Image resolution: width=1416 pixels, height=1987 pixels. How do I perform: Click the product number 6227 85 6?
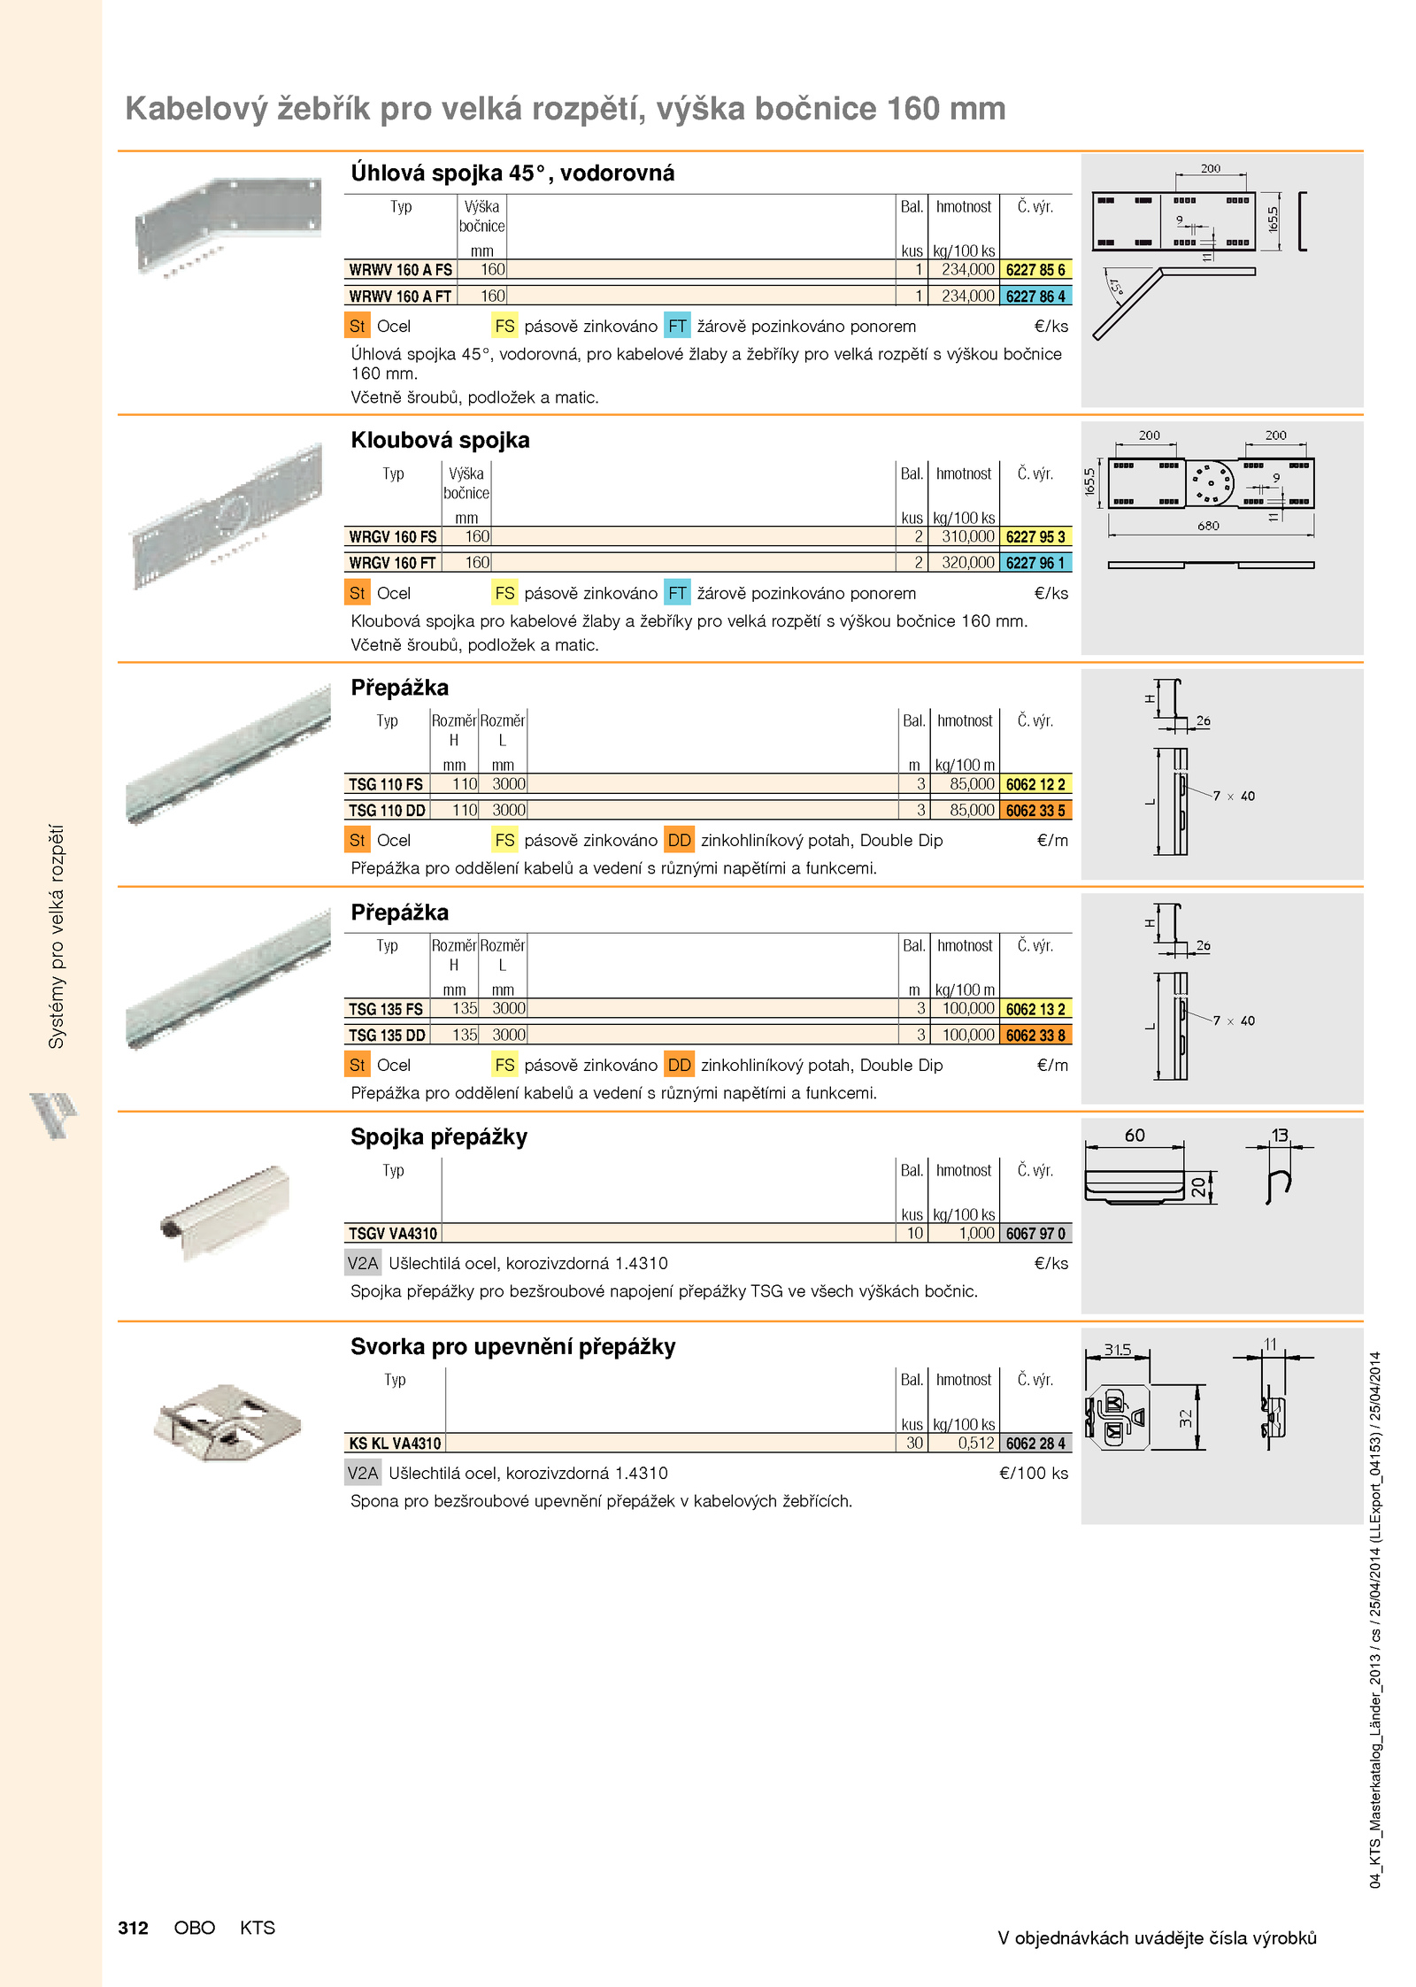[1035, 270]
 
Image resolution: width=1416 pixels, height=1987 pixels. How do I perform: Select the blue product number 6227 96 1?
[1035, 563]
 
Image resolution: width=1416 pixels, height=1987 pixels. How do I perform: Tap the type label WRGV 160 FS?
[393, 537]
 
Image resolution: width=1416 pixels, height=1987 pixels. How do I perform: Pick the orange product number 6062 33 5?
[1035, 810]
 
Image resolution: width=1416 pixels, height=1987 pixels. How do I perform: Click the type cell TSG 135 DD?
[387, 1035]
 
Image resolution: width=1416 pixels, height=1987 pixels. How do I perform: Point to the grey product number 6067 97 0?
[1035, 1234]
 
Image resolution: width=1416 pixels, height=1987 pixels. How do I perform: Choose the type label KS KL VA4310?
[395, 1444]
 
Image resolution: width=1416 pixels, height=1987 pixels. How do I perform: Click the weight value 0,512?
[976, 1444]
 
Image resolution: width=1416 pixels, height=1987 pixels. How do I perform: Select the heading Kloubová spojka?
[440, 441]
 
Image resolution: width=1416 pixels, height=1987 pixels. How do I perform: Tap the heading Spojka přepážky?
[439, 1137]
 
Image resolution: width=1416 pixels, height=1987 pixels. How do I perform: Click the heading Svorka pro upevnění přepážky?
[513, 1347]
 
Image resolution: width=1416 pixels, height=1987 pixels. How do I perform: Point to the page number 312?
[134, 1928]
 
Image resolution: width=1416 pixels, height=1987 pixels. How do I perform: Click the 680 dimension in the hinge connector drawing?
[1208, 526]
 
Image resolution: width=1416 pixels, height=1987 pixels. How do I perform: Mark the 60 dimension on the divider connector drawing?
[1135, 1136]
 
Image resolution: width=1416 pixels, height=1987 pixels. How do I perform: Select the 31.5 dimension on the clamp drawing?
[1117, 1350]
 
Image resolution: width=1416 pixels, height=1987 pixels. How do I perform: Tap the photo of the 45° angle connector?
[228, 227]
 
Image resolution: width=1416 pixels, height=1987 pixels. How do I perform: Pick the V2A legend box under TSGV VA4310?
[363, 1263]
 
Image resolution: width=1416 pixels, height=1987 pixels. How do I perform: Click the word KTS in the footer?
[258, 1928]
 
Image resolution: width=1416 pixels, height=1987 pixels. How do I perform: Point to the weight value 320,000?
[968, 563]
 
